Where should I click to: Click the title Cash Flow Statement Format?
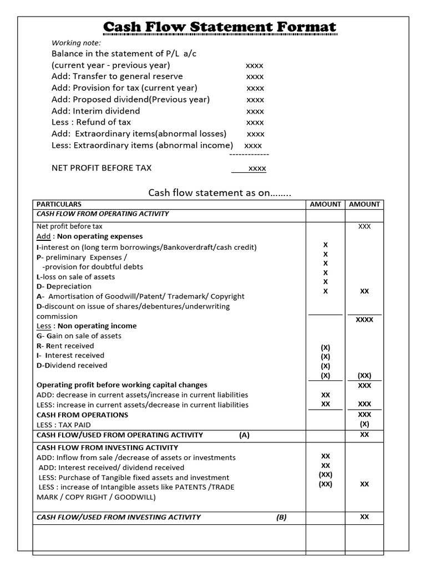(x=220, y=27)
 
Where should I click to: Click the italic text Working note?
(x=77, y=43)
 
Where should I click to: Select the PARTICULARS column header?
(x=59, y=204)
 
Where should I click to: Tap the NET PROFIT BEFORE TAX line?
(x=102, y=168)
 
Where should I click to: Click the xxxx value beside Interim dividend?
(x=255, y=111)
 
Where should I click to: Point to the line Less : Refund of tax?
(x=92, y=122)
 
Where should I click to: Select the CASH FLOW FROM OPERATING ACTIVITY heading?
(x=103, y=214)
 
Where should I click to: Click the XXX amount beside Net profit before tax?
(x=364, y=226)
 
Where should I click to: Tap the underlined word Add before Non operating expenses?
(x=43, y=236)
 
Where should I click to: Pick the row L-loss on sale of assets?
(x=76, y=276)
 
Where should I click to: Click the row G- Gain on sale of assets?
(x=79, y=336)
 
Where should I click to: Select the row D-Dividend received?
(x=72, y=365)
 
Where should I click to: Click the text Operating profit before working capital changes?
(x=122, y=385)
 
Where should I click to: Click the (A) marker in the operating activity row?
(x=244, y=435)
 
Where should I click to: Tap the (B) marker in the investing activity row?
(x=281, y=517)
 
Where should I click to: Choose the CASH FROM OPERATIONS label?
(x=82, y=415)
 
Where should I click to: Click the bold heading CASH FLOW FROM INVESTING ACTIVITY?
(x=107, y=447)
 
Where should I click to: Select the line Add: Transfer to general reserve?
(x=117, y=76)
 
